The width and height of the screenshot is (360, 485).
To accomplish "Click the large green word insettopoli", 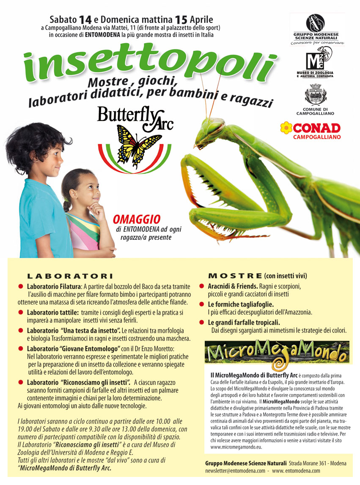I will tap(148, 63).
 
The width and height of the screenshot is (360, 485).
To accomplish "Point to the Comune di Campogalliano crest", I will tap(316, 96).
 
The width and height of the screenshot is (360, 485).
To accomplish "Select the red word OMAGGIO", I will tap(137, 219).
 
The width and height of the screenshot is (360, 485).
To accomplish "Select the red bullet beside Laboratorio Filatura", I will tap(21, 286).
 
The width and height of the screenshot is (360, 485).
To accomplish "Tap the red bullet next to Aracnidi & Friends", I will tap(202, 286).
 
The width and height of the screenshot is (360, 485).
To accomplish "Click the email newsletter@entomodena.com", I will tap(235, 470).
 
